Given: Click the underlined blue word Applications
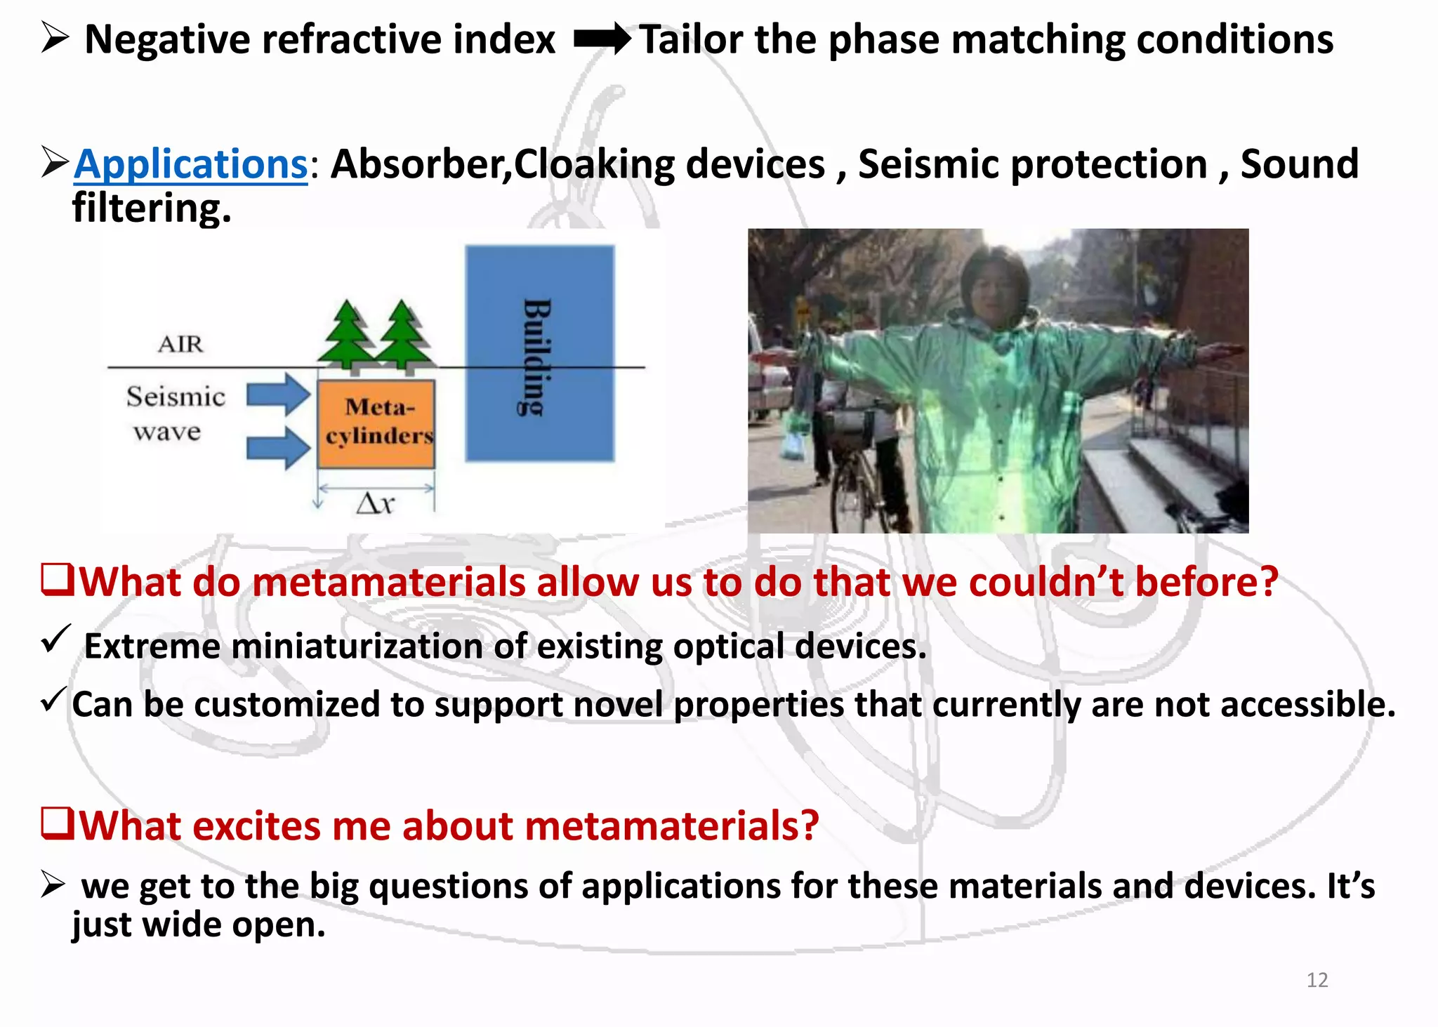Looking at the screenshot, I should pos(191,165).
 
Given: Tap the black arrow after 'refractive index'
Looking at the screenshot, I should pos(602,39).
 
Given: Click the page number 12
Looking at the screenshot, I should pos(1317,980).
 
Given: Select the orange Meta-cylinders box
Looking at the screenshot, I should pos(376,423).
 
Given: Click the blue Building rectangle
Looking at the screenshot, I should pos(539,353).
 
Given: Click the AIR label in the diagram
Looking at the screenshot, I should pos(180,344).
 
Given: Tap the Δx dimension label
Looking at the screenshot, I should pos(376,503).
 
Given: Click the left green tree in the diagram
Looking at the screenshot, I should pos(348,334).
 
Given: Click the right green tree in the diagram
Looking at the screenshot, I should pos(402,334).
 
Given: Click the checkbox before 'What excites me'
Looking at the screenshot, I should pos(57,823).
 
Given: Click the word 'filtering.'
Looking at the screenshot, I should pos(152,208).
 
